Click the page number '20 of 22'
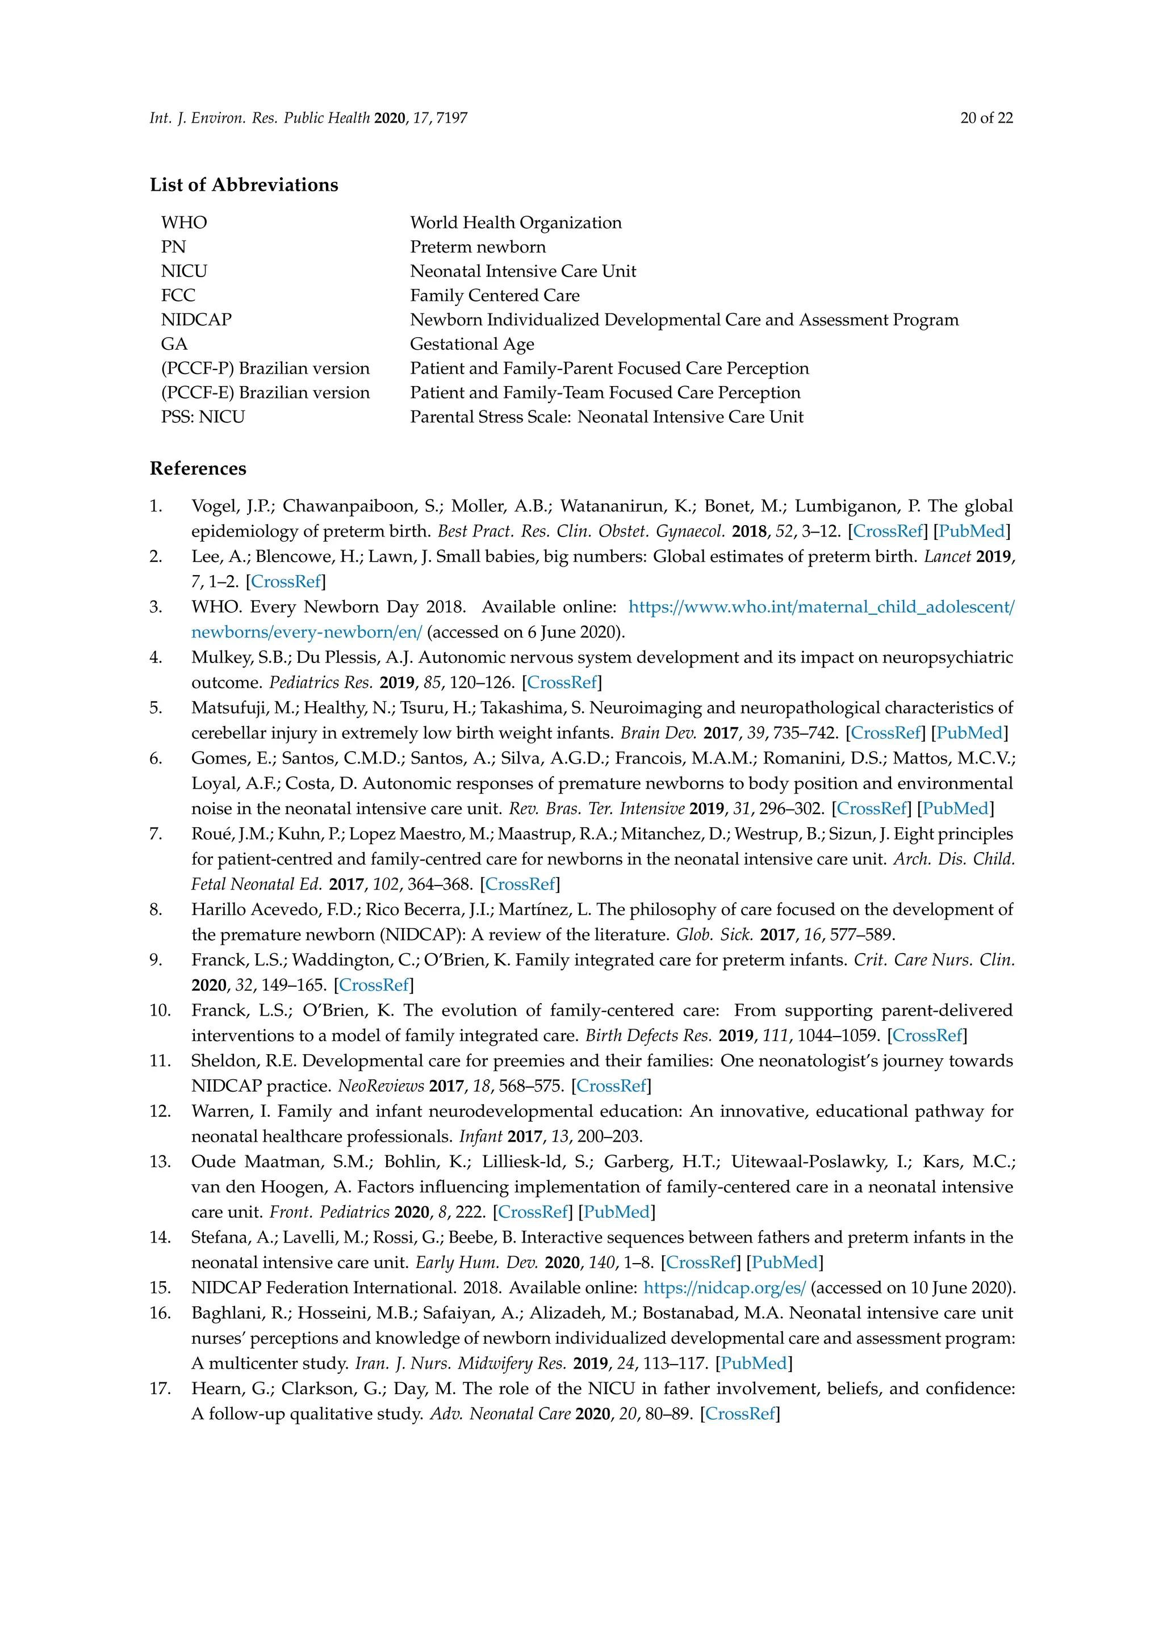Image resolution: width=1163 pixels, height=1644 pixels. (x=986, y=118)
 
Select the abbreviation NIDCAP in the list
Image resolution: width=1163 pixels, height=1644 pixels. (x=196, y=320)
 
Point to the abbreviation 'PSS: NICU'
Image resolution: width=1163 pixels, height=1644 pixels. (x=203, y=417)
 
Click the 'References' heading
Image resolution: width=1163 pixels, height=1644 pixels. (x=198, y=468)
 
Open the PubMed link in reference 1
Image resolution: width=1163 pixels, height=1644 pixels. (x=971, y=531)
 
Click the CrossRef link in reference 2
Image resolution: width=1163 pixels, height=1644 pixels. (x=285, y=581)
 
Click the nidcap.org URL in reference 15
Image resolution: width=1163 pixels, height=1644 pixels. (x=724, y=1287)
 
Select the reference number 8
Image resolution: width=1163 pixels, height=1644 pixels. (x=156, y=909)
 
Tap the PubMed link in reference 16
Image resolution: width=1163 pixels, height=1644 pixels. (x=754, y=1364)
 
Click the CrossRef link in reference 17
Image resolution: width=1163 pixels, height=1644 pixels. (x=740, y=1414)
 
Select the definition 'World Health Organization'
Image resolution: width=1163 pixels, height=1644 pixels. (x=516, y=223)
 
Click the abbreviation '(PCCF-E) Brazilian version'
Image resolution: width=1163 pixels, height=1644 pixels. (x=265, y=392)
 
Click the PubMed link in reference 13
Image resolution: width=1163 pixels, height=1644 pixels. (x=616, y=1211)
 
